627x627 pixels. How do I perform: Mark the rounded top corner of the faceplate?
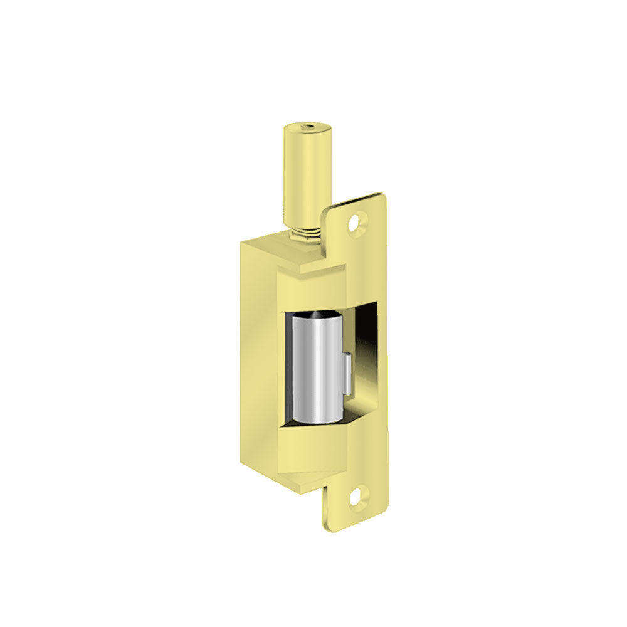[x=379, y=198]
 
